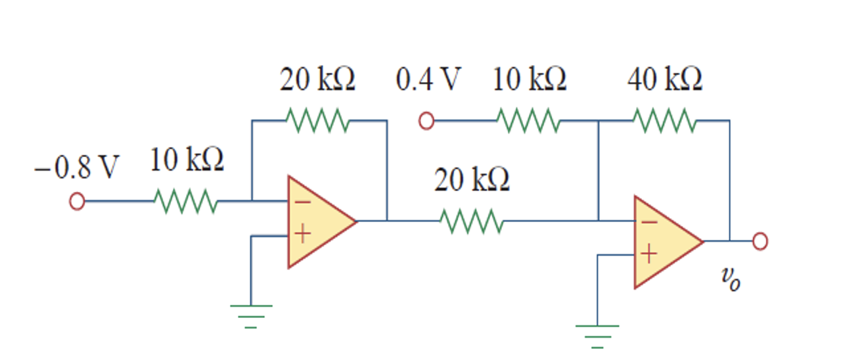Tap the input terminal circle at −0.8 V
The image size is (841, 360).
(x=77, y=202)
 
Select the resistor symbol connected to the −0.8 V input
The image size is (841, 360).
(x=186, y=202)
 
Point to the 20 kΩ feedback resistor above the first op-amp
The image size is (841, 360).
(x=317, y=122)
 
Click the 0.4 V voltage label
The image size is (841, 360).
(x=427, y=80)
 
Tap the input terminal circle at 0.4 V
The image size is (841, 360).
(x=426, y=122)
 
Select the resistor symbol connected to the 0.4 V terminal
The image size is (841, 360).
(x=528, y=122)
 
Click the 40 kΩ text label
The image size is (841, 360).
(x=664, y=80)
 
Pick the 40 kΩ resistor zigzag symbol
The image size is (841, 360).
(x=664, y=122)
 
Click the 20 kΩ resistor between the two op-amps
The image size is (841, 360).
(x=471, y=221)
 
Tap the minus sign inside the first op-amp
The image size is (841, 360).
(x=302, y=202)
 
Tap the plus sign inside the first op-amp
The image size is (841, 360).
(x=302, y=235)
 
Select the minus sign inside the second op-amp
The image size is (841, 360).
(x=648, y=222)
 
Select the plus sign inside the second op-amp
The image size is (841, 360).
(x=648, y=254)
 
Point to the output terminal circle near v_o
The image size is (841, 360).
(x=760, y=242)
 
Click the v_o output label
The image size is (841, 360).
(x=730, y=279)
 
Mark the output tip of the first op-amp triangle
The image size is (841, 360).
(x=356, y=221)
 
